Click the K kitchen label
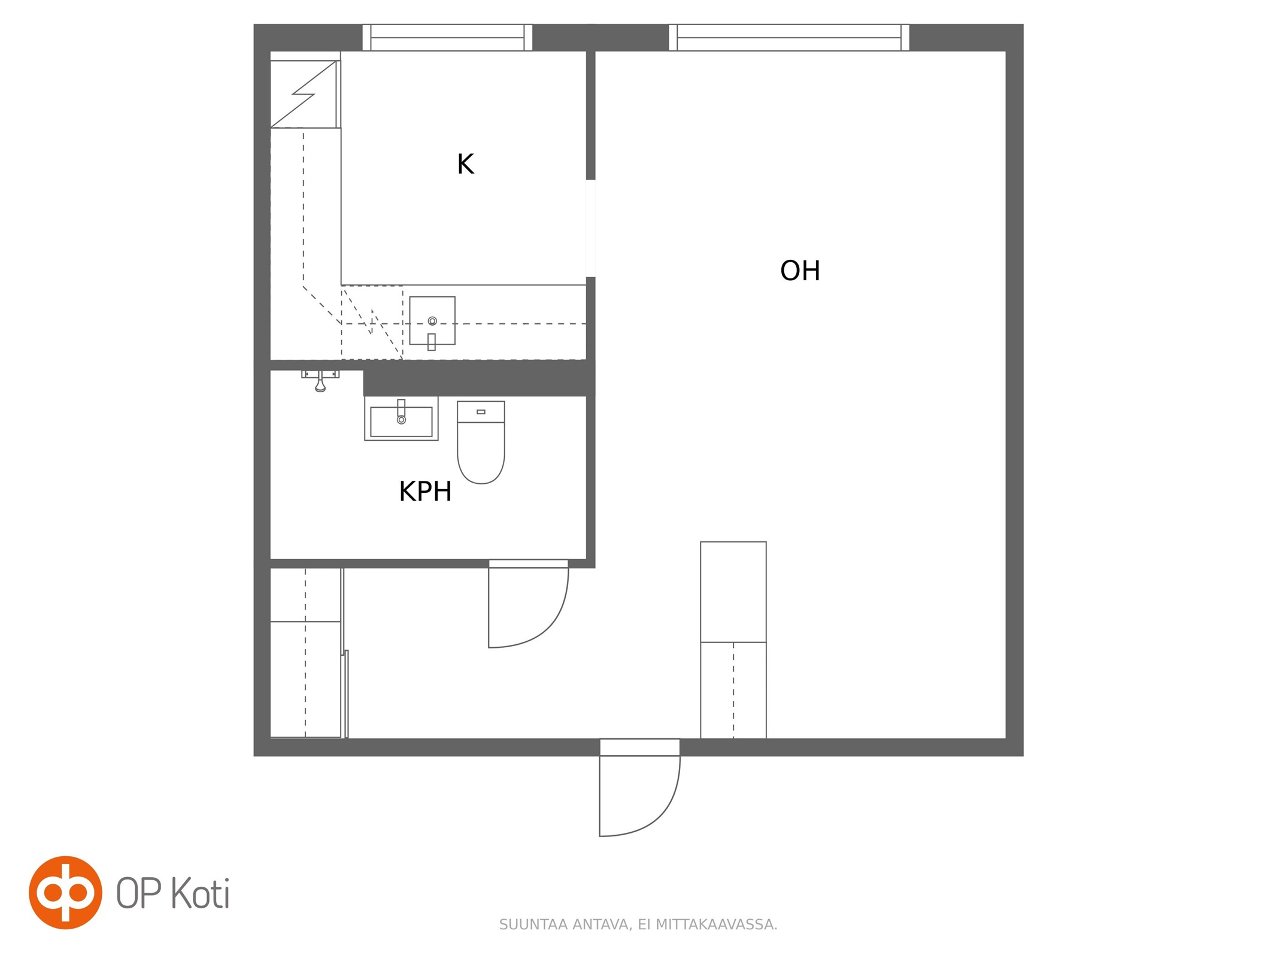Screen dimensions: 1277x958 tap(465, 164)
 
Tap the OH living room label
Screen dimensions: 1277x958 tap(800, 271)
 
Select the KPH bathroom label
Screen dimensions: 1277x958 tap(425, 492)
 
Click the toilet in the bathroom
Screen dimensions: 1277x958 tap(481, 442)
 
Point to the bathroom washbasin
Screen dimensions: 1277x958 tap(401, 419)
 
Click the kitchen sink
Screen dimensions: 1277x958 tap(432, 321)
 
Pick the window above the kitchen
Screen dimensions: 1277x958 tap(447, 38)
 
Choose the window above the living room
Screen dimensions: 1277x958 tap(788, 38)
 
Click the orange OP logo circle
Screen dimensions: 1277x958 tap(65, 893)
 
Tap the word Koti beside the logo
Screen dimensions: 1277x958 tap(201, 894)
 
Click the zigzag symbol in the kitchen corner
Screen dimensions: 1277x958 tap(304, 94)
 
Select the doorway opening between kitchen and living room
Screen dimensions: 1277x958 tap(590, 228)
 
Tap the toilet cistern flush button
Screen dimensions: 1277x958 tap(481, 412)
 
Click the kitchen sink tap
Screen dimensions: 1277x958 tap(432, 341)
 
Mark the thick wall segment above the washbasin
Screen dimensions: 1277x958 tap(479, 382)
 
